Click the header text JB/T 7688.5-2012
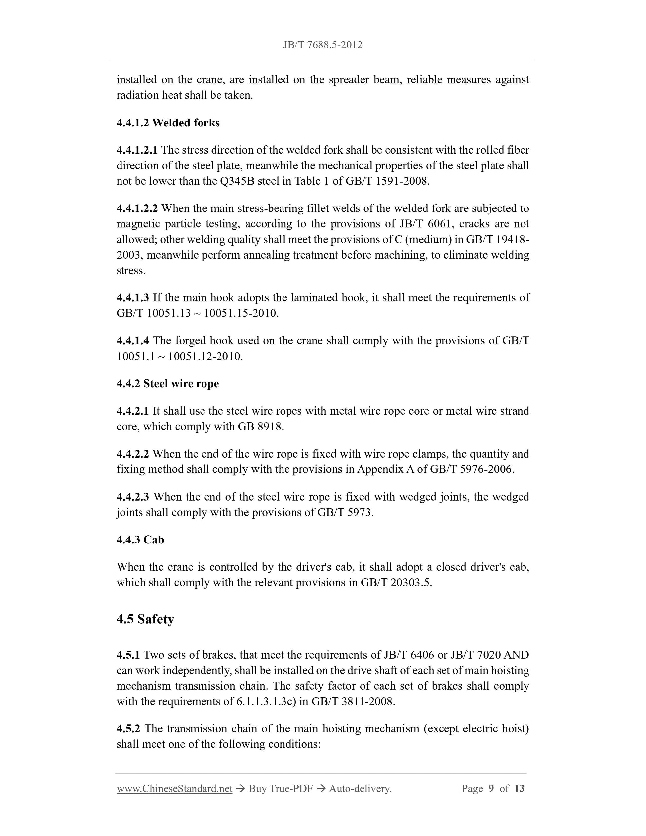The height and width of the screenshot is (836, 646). [x=323, y=45]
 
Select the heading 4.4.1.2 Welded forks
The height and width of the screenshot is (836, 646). [x=168, y=123]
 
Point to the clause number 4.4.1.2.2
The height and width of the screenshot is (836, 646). [x=137, y=209]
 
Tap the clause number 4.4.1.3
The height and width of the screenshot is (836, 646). [x=133, y=298]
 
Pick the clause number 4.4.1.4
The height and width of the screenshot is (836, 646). [x=133, y=341]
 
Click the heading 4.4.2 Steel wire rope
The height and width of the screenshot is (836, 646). [x=168, y=384]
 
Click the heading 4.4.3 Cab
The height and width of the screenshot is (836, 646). [x=140, y=540]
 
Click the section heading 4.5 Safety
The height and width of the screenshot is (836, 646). [x=145, y=619]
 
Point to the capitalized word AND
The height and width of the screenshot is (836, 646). [x=516, y=655]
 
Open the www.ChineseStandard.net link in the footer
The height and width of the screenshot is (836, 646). [x=175, y=789]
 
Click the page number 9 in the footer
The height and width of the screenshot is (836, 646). [x=491, y=789]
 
